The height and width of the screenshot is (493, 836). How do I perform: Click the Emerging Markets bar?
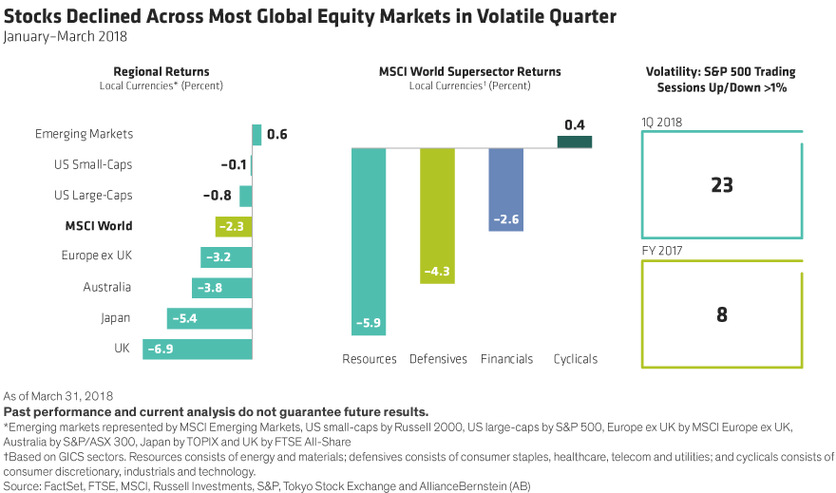pyautogui.click(x=256, y=135)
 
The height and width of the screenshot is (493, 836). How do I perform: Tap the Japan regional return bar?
pyautogui.click(x=209, y=318)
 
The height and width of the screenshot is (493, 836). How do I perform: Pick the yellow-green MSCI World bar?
pyautogui.click(x=233, y=226)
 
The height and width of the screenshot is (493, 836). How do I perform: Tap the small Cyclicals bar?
pyautogui.click(x=574, y=142)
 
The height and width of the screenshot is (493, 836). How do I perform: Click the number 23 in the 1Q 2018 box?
pyautogui.click(x=722, y=185)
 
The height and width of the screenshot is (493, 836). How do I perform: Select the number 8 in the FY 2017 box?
pyautogui.click(x=722, y=314)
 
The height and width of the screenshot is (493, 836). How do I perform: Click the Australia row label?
pyautogui.click(x=107, y=287)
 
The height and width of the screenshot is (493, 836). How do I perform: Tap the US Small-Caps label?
pyautogui.click(x=93, y=165)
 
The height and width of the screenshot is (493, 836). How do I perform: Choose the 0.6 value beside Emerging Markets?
pyautogui.click(x=277, y=135)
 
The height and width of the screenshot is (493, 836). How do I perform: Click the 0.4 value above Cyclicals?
pyautogui.click(x=574, y=124)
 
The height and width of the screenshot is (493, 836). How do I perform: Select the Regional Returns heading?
pyautogui.click(x=161, y=72)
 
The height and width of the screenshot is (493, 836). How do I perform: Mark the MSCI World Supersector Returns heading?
pyautogui.click(x=469, y=72)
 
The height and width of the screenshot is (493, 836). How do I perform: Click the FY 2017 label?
pyautogui.click(x=662, y=251)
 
